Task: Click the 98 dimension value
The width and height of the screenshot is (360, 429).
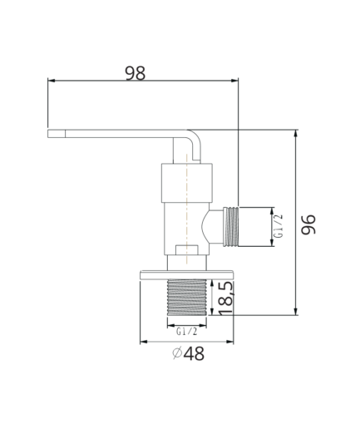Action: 136,73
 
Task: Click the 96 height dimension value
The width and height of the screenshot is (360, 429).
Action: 308,224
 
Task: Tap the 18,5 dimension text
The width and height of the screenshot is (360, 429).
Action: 225,298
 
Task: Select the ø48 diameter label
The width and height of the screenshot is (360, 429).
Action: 188,353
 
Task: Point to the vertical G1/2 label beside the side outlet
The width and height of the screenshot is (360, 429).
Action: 279,226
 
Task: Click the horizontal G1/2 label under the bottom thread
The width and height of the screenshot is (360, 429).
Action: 187,331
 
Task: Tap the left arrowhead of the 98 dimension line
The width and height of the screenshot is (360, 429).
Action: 52,81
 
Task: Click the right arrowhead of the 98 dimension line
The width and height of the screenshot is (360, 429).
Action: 234,81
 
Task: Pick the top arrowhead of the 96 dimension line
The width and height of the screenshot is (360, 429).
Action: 296,134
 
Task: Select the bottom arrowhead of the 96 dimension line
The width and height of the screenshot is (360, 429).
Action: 296,311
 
